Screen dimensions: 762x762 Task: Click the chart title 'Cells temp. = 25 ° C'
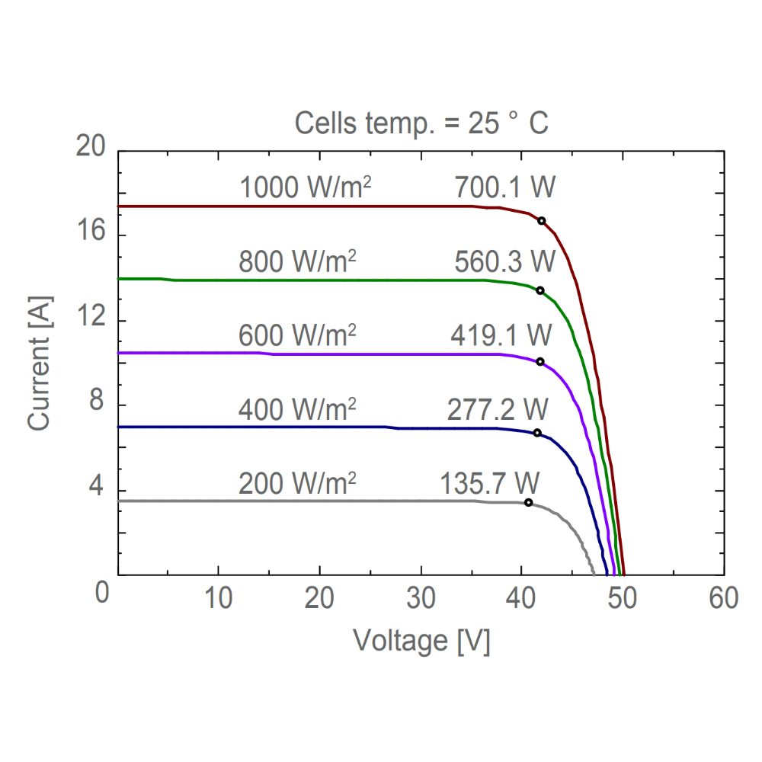pyautogui.click(x=421, y=123)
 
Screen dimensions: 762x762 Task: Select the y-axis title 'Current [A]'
pyautogui.click(x=40, y=362)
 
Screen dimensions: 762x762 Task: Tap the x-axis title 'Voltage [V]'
pyautogui.click(x=421, y=640)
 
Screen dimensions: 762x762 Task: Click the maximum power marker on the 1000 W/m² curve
pyautogui.click(x=542, y=221)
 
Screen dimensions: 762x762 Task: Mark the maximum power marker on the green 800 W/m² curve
pyautogui.click(x=540, y=290)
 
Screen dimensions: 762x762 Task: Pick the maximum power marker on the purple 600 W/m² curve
pyautogui.click(x=540, y=361)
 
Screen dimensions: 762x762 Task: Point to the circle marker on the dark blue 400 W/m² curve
pyautogui.click(x=537, y=433)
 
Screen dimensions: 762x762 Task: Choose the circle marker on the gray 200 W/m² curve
pyautogui.click(x=529, y=502)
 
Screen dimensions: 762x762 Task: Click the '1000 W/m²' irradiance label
pyautogui.click(x=306, y=187)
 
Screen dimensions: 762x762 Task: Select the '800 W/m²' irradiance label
pyautogui.click(x=298, y=261)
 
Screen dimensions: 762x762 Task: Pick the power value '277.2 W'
pyautogui.click(x=497, y=409)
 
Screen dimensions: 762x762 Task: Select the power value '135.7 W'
pyautogui.click(x=490, y=483)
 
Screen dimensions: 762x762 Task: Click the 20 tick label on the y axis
pyautogui.click(x=91, y=147)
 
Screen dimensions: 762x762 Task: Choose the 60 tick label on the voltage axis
pyautogui.click(x=723, y=598)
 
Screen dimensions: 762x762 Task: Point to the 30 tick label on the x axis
pyautogui.click(x=421, y=598)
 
